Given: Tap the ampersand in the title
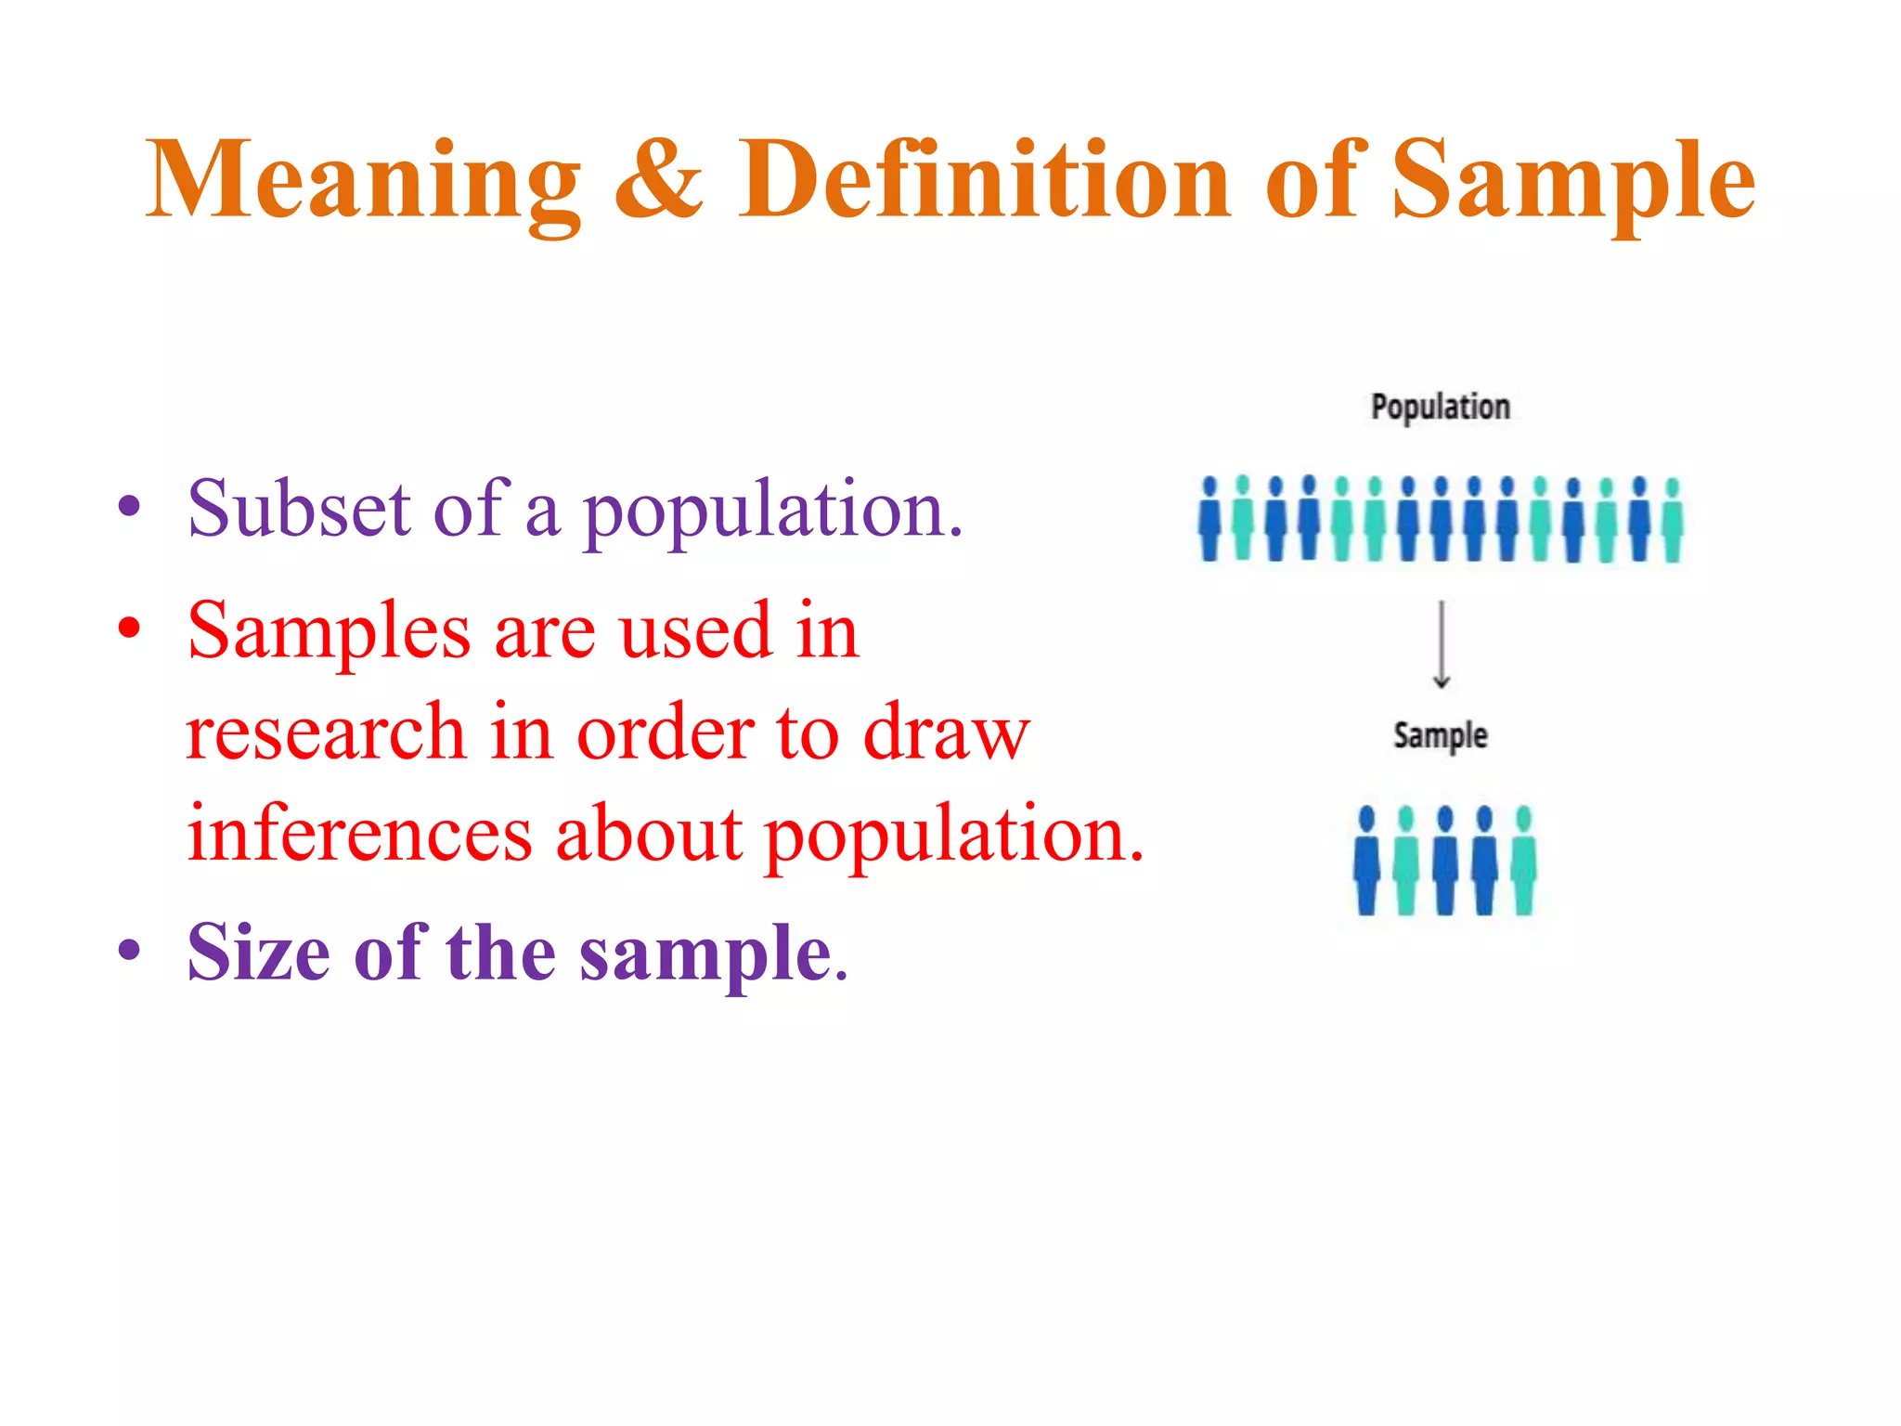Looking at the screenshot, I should (x=658, y=179).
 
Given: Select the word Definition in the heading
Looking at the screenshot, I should (x=983, y=179).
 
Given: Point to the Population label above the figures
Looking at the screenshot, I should (x=1440, y=408).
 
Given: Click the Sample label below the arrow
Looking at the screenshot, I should (x=1440, y=735).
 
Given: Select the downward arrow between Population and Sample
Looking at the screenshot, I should (x=1441, y=644).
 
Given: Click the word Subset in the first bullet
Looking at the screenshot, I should (x=298, y=510).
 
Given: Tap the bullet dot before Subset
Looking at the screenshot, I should (x=129, y=507).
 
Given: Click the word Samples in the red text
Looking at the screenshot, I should (x=329, y=631).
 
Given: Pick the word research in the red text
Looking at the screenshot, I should (x=325, y=733).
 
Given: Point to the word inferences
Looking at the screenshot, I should (x=359, y=834).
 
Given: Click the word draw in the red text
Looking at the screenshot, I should (x=946, y=733).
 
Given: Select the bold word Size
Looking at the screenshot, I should (x=258, y=953).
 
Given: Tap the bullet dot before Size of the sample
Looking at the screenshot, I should (x=129, y=951).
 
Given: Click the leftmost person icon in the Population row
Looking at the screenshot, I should (x=1209, y=520).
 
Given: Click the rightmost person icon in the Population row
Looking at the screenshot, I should (x=1672, y=520).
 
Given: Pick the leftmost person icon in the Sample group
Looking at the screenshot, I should (x=1366, y=861).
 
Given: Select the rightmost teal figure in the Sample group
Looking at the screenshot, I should (x=1523, y=861).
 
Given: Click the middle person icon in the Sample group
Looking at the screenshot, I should (x=1445, y=861).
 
